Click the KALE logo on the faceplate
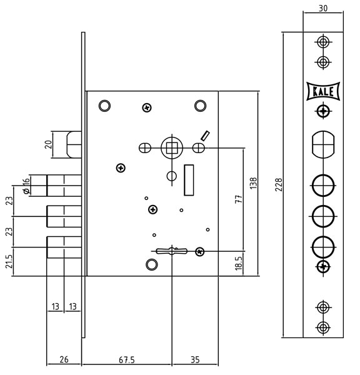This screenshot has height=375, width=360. pyautogui.click(x=323, y=91)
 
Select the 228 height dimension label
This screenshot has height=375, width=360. pyautogui.click(x=279, y=184)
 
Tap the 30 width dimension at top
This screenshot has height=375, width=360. pyautogui.click(x=323, y=8)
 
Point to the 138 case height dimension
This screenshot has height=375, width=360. pyautogui.click(x=253, y=183)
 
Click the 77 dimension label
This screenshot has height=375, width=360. pyautogui.click(x=239, y=199)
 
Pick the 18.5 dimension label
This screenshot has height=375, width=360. pyautogui.click(x=239, y=264)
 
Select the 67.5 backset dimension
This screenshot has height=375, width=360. pyautogui.click(x=127, y=360)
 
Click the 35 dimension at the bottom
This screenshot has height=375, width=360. pyautogui.click(x=195, y=360)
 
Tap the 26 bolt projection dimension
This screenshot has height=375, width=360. pyautogui.click(x=64, y=359)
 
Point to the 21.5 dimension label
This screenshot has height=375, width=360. pyautogui.click(x=9, y=261)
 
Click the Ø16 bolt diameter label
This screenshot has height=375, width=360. pyautogui.click(x=26, y=186)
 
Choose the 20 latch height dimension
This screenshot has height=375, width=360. pyautogui.click(x=49, y=144)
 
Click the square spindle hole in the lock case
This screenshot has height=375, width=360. pyautogui.click(x=172, y=147)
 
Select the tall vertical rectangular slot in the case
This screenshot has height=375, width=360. pyautogui.click(x=189, y=180)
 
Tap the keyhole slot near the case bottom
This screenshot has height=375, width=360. pyautogui.click(x=171, y=251)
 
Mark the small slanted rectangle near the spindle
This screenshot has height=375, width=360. pyautogui.click(x=205, y=136)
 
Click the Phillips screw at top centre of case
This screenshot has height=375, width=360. pyautogui.click(x=147, y=107)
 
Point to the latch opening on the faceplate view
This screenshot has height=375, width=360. pyautogui.click(x=323, y=144)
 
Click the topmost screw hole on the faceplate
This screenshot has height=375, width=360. pyautogui.click(x=323, y=42)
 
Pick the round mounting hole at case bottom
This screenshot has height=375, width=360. pyautogui.click(x=152, y=264)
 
